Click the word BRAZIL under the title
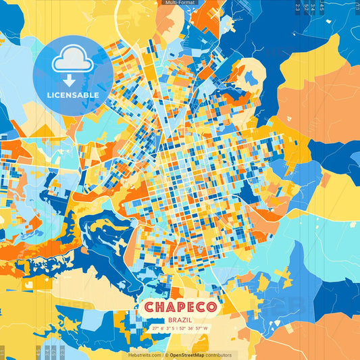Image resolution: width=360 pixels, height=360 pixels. pyautogui.click(x=180, y=319)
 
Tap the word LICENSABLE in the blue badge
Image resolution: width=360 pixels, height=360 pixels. pyautogui.click(x=73, y=95)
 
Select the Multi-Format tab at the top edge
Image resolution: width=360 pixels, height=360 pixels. pyautogui.click(x=179, y=3)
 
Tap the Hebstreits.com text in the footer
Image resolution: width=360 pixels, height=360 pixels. pyautogui.click(x=145, y=355)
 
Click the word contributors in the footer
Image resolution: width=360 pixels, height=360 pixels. pyautogui.click(x=219, y=355)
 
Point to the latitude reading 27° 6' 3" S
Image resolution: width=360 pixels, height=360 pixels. pyautogui.click(x=164, y=328)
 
